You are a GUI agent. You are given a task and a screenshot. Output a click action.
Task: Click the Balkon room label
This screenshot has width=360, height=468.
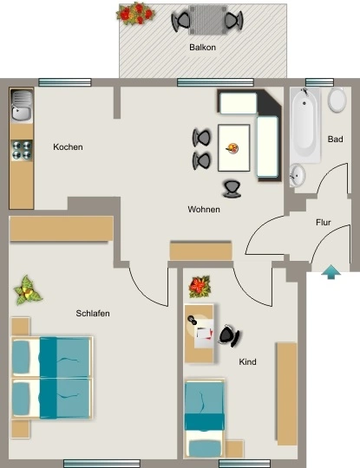pos(202,47)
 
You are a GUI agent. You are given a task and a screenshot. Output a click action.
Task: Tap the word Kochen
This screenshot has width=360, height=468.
pos(68,146)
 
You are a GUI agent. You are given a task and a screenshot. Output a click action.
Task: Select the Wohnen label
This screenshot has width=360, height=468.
pos(204,209)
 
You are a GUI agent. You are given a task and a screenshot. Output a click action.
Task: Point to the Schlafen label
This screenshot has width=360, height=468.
pos(93,314)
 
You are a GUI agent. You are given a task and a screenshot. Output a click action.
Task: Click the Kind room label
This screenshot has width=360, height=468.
pos(247,361)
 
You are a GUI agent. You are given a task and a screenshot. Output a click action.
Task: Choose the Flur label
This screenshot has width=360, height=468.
pos(324,223)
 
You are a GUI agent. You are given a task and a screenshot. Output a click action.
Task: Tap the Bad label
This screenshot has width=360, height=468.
pos(335,139)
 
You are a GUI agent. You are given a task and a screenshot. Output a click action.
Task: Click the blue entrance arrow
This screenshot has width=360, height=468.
pos(331,271)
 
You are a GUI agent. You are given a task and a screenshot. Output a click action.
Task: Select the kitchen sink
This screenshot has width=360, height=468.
pos(21,106)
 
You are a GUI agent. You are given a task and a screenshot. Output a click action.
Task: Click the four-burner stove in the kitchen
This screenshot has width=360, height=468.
pos(22,150)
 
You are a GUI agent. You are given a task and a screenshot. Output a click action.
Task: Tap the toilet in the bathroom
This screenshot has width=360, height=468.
pos(337,100)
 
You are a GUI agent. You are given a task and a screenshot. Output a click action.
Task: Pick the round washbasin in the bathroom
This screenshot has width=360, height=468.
pos(298,175)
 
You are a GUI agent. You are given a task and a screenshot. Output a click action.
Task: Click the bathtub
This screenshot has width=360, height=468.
pos(305,125)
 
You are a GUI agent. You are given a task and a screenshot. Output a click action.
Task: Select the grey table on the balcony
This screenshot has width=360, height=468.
pos(207,20)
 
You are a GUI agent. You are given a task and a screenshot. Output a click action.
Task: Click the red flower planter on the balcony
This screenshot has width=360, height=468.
pos(135,13)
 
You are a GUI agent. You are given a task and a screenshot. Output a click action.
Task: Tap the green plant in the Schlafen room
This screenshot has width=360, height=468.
pos(28,290)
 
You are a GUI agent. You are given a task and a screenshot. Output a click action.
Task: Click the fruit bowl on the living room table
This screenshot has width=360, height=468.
pos(232,148)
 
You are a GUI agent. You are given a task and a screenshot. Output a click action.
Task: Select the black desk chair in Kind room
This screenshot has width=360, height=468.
pos(229,335)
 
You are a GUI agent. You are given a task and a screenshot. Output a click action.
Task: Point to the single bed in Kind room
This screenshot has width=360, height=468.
pos(205,418)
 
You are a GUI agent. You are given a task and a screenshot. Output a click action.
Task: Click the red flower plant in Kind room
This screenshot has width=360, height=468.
pos(200,287)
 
